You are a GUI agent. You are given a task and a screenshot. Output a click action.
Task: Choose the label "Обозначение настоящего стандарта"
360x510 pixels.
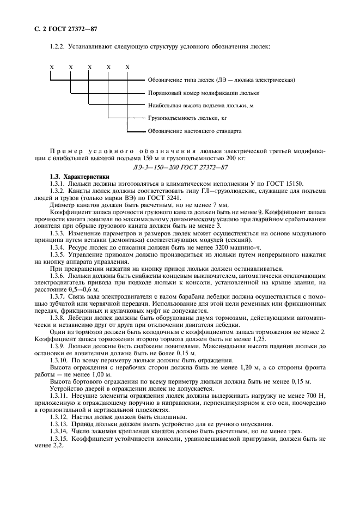click(x=194, y=131)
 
